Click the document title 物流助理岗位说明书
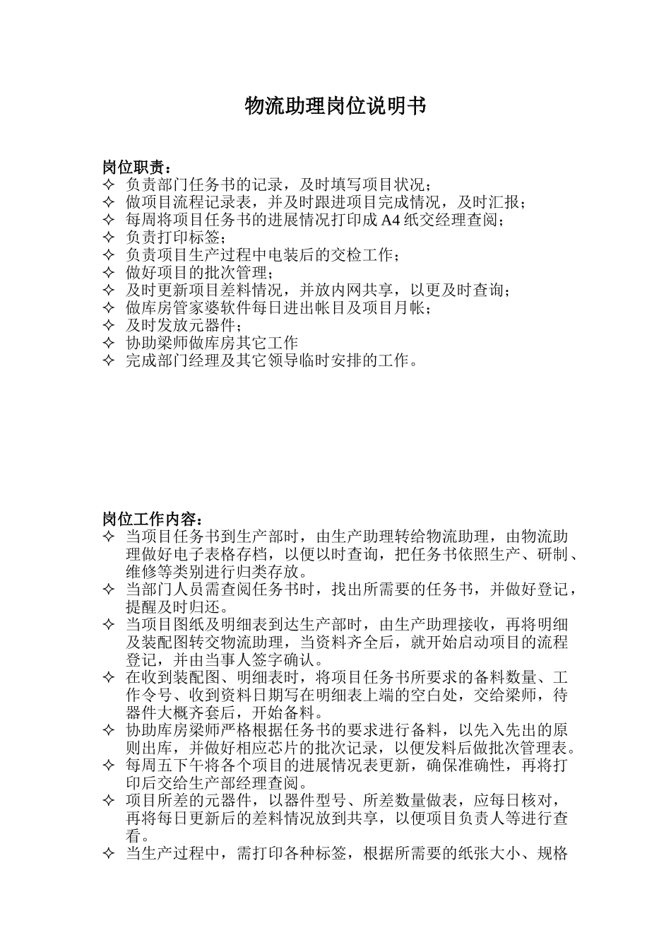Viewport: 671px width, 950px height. point(335,106)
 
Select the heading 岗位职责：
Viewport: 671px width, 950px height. point(136,168)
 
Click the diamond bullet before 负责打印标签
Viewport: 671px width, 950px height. point(108,237)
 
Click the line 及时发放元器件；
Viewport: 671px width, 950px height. point(184,326)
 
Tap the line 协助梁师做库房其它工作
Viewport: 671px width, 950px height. point(212,344)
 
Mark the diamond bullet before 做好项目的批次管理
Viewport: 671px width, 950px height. point(108,273)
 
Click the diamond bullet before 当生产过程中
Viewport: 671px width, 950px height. point(108,854)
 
